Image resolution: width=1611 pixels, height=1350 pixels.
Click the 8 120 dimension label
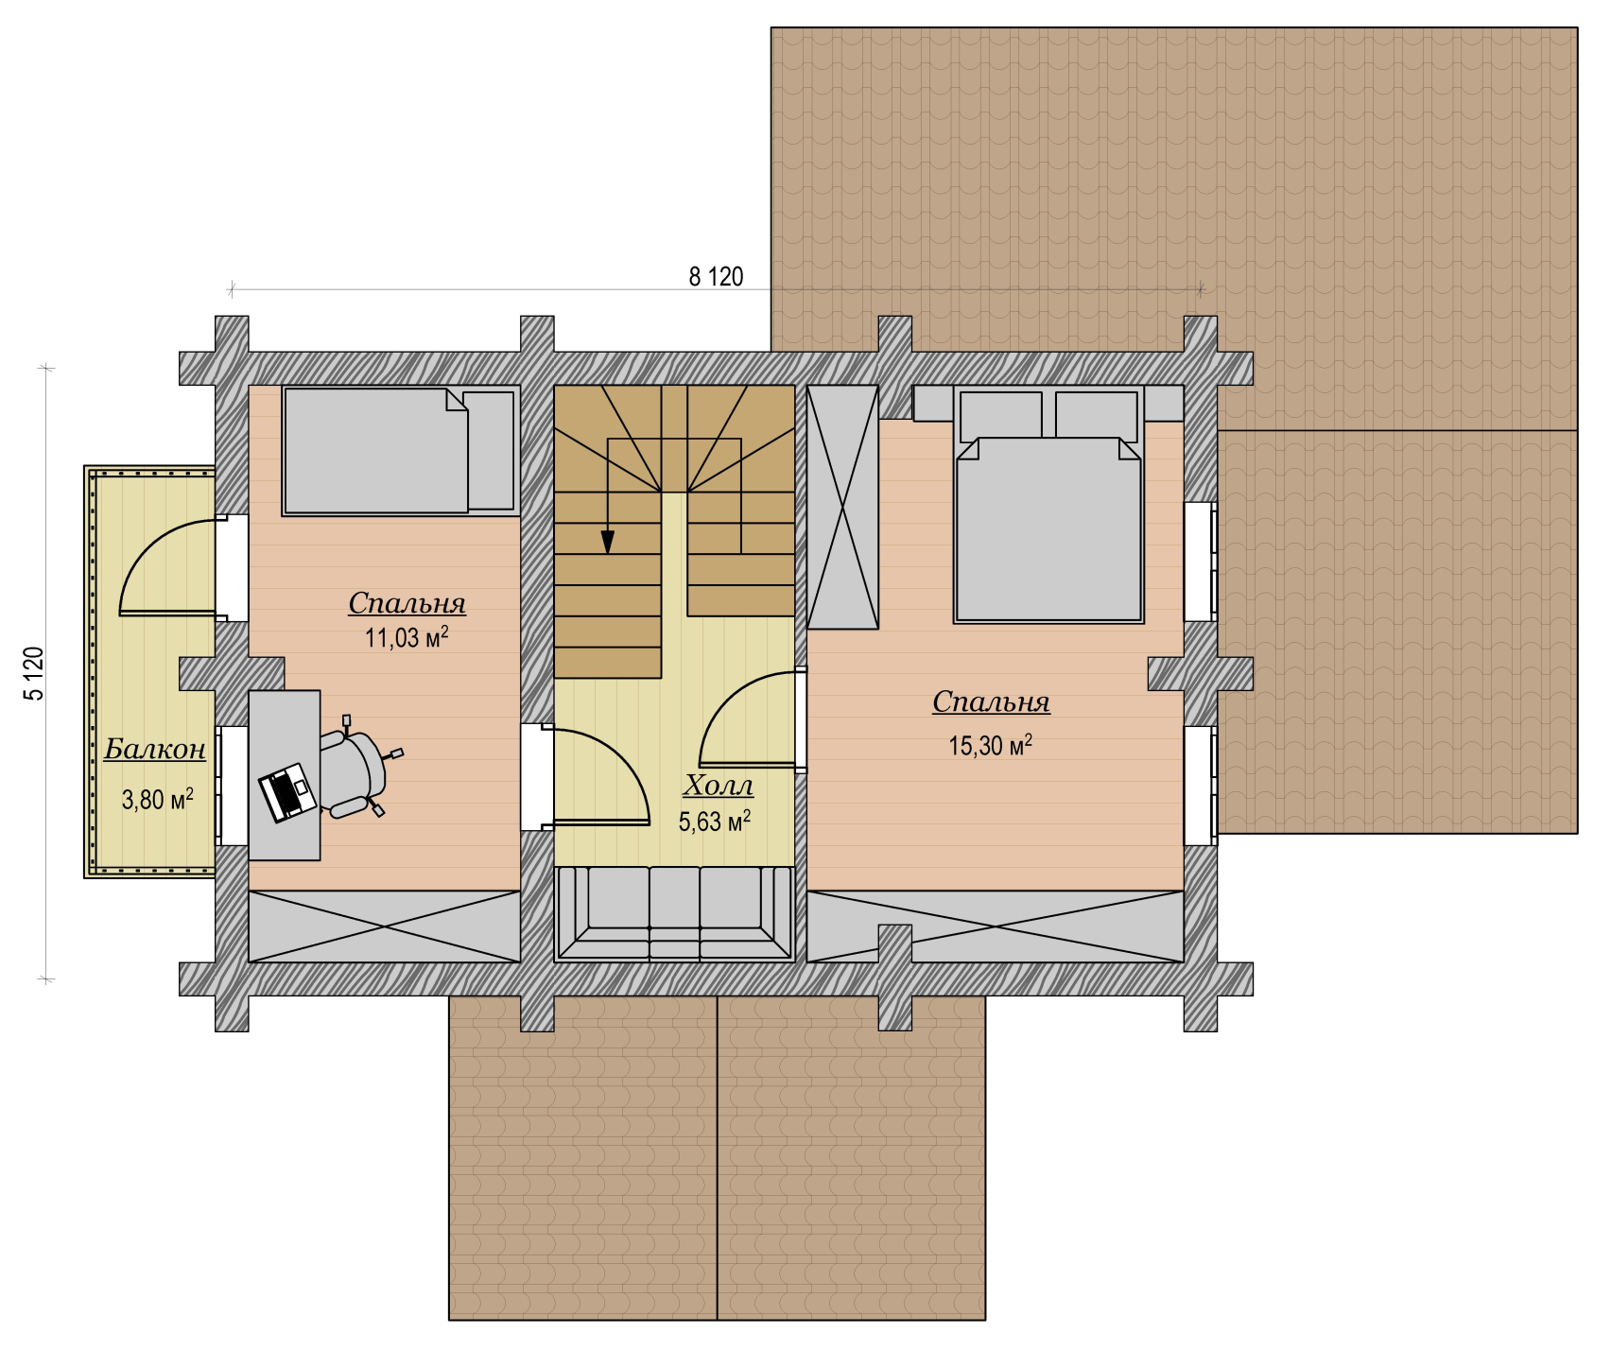(x=716, y=277)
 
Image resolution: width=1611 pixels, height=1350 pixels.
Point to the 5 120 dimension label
(x=34, y=673)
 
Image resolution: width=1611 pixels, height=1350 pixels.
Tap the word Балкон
(x=155, y=749)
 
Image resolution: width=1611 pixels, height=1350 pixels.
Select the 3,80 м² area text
(x=158, y=799)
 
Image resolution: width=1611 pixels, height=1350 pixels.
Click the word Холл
(x=719, y=786)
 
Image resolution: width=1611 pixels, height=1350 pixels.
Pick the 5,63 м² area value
(x=715, y=821)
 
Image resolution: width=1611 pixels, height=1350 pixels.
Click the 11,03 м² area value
(x=407, y=636)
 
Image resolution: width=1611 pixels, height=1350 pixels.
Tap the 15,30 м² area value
(x=990, y=745)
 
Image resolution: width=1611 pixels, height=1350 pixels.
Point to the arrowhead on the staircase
(x=608, y=542)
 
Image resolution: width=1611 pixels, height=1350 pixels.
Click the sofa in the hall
(x=675, y=913)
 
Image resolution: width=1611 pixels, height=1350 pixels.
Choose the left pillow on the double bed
(x=1001, y=415)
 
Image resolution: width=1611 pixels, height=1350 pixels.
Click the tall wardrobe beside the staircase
(x=842, y=507)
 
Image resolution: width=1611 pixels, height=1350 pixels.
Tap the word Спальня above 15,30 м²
(x=991, y=702)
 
